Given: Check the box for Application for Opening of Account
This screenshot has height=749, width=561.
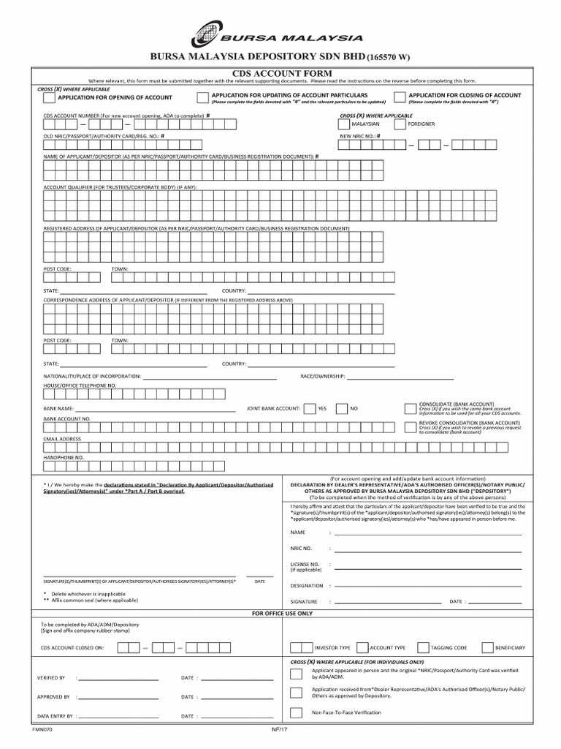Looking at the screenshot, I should (48, 97).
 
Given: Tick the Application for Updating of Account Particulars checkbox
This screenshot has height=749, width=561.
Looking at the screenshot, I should (202, 97).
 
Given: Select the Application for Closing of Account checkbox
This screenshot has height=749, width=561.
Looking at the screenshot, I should (400, 97).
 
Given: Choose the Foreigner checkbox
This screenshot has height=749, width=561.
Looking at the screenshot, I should (400, 124).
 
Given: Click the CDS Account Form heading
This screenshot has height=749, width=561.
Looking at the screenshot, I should (281, 73).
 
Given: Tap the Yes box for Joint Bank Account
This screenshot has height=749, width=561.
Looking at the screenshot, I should (310, 409).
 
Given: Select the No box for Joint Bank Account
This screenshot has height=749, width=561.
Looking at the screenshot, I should (341, 409).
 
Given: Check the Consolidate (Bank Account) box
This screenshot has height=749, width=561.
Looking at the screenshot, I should (410, 408).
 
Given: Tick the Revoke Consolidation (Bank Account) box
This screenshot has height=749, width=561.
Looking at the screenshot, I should (410, 427).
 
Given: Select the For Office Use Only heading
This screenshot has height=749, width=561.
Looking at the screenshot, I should (281, 613).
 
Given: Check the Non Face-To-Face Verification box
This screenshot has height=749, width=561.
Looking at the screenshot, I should (295, 712).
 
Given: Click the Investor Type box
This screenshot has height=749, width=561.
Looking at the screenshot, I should (296, 647).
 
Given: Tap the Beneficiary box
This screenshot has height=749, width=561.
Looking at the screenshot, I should (486, 647).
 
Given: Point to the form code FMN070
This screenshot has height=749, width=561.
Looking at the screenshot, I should (42, 729).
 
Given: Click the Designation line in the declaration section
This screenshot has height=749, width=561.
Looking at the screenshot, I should (427, 586).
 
